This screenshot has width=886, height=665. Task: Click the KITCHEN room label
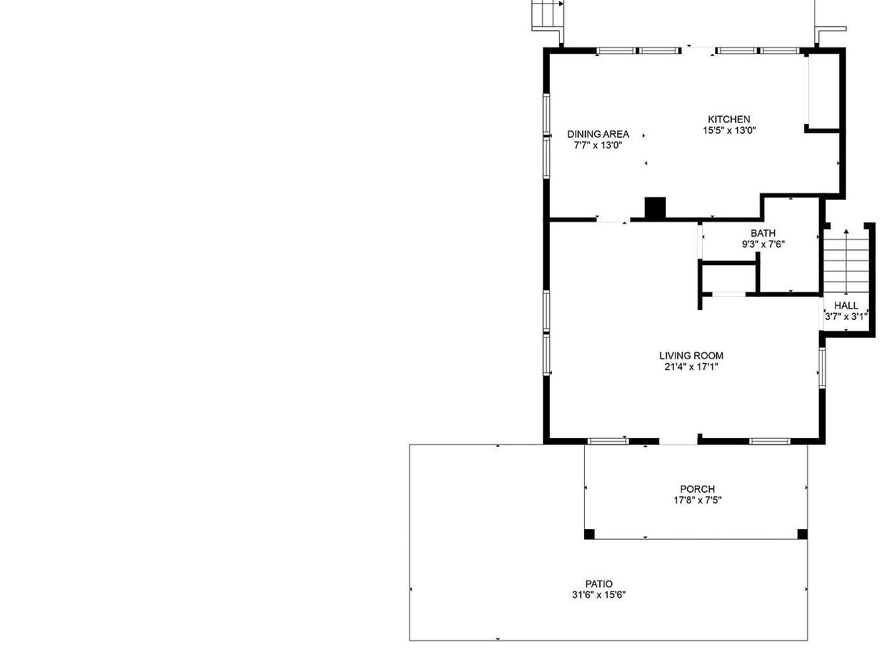[728, 119]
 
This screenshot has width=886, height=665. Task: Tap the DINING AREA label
[598, 134]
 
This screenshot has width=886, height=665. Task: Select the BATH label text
[763, 233]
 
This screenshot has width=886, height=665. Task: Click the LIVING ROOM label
[691, 356]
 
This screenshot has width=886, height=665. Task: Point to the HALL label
[846, 305]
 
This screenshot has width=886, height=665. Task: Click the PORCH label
[697, 489]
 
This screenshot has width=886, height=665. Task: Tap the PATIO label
[599, 584]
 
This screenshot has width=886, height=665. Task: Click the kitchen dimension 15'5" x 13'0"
[729, 131]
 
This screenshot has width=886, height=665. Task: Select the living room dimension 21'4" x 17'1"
[691, 367]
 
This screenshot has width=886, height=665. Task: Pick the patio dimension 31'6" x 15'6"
[599, 595]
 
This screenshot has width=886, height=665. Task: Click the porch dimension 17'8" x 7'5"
[697, 500]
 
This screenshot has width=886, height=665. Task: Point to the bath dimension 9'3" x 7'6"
[763, 244]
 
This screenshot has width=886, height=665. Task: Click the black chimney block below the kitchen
[655, 208]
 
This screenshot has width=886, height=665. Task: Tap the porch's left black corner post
[589, 534]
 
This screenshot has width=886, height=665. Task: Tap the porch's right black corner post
[802, 534]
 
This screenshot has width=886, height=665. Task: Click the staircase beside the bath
[846, 266]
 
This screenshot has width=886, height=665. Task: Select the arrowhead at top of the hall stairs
[846, 232]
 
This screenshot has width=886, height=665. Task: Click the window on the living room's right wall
[822, 368]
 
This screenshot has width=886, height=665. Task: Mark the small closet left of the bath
[728, 278]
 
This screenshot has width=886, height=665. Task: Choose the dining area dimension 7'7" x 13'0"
[598, 145]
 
